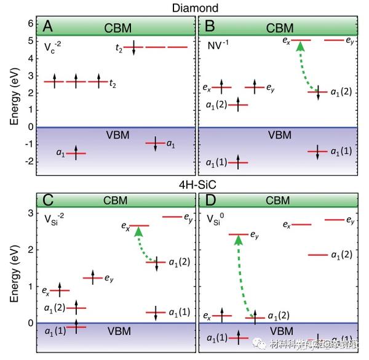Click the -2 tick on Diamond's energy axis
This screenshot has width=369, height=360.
[x=30, y=162]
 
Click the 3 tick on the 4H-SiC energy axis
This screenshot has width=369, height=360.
[x=31, y=213]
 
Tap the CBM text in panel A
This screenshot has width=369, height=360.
[x=117, y=28]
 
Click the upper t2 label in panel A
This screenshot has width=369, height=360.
[x=120, y=47]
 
